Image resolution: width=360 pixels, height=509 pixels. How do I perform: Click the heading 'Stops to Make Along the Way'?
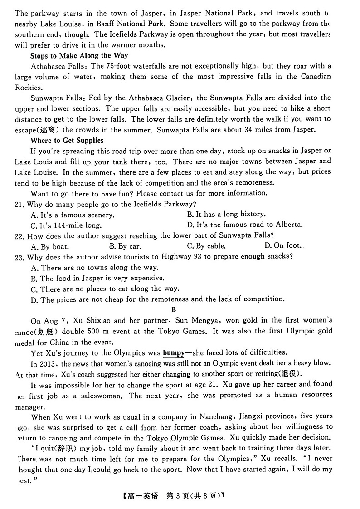click(x=79, y=55)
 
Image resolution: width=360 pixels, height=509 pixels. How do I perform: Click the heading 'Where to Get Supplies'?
click(x=67, y=140)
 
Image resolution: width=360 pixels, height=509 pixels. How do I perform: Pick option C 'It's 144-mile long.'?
click(x=66, y=225)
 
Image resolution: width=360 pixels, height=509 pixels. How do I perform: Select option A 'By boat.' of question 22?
click(x=50, y=246)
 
